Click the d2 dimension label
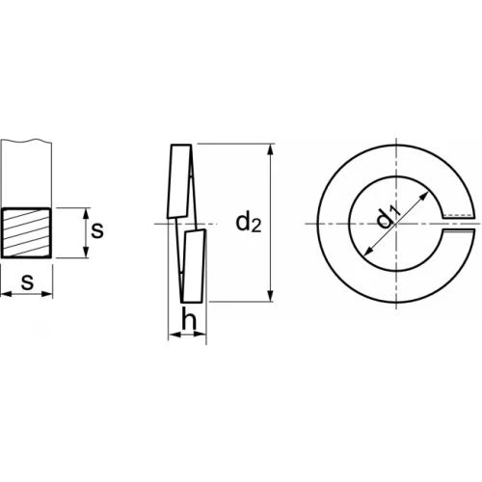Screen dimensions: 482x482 249,223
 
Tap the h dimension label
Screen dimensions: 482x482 189,318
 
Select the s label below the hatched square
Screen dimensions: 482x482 27,282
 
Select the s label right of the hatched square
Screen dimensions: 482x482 97,230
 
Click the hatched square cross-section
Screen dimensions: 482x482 26,233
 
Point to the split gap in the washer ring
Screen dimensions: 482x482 459,224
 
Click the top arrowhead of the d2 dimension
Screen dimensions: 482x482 271,150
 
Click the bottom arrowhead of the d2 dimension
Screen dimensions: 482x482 271,296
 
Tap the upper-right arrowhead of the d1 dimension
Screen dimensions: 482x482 424,197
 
